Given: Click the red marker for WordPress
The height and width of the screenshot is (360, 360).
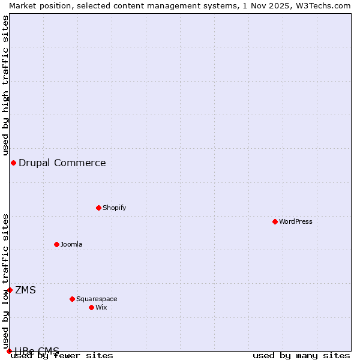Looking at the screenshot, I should [x=275, y=221].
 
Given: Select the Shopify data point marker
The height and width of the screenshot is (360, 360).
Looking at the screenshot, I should [x=98, y=208].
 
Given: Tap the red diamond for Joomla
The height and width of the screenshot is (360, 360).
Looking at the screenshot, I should [x=56, y=244].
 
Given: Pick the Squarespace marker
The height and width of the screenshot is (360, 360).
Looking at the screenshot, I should [x=72, y=299].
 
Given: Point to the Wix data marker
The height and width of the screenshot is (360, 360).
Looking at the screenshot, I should [x=91, y=307].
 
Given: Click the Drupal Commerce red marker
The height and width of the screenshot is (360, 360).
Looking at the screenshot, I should [x=13, y=163].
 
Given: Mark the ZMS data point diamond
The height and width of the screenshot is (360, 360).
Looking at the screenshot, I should [x=10, y=290].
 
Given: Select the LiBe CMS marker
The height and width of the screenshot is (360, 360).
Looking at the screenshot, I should [x=9, y=351].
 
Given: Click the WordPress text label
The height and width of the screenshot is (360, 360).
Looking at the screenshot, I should [x=296, y=221].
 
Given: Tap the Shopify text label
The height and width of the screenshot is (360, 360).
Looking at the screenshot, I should [x=114, y=208].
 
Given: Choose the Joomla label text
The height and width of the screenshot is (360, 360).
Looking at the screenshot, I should [x=71, y=244].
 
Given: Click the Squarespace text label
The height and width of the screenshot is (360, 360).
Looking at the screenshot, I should [x=97, y=299].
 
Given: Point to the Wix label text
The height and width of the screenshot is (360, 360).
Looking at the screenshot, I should [x=101, y=307].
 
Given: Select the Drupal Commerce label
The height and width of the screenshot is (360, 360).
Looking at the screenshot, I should [x=62, y=163].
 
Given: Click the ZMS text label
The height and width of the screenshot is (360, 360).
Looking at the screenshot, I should [x=25, y=290].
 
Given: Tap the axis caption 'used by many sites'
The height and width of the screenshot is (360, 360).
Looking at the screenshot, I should [x=301, y=355].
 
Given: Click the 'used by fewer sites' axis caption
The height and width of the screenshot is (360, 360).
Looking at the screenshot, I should [x=62, y=355].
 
